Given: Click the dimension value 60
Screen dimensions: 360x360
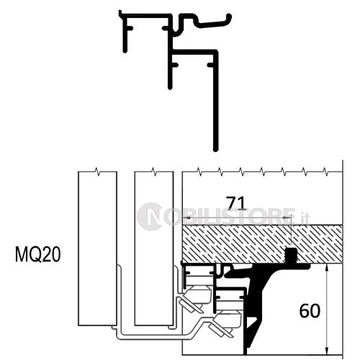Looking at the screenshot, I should pyautogui.click(x=310, y=310).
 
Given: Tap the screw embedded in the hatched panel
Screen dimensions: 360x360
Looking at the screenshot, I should pyautogui.click(x=292, y=256).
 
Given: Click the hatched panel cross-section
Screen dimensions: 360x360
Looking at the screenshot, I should pyautogui.click(x=245, y=243).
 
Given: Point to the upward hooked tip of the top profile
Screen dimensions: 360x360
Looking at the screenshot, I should pyautogui.click(x=228, y=17).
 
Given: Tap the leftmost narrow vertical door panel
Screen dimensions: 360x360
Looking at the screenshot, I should pyautogui.click(x=96, y=245).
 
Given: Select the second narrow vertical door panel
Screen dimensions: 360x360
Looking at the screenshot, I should pyautogui.click(x=153, y=245).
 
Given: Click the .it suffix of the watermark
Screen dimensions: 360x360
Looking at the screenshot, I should pyautogui.click(x=304, y=216).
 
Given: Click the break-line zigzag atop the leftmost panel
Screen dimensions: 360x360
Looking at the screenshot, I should pyautogui.click(x=96, y=173).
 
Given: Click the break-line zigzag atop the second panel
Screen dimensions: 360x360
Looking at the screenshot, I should pyautogui.click(x=153, y=173).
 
